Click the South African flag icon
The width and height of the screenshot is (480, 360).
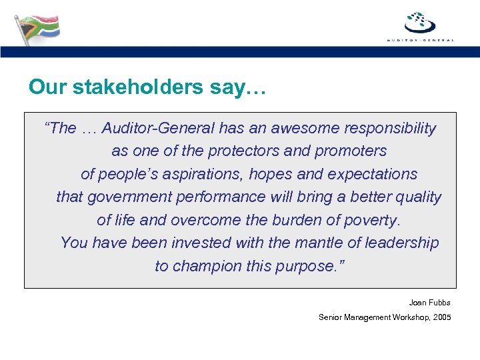pyautogui.click(x=37, y=27)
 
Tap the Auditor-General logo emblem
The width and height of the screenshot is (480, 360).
pyautogui.click(x=421, y=23)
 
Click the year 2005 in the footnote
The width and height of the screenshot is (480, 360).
pyautogui.click(x=441, y=317)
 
